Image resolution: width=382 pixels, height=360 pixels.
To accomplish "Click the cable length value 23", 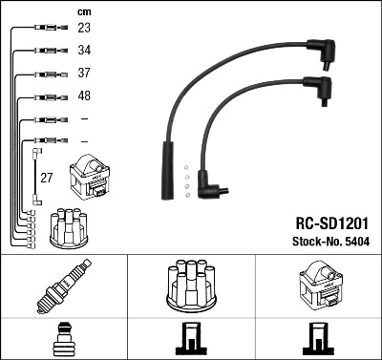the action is coord(84,28).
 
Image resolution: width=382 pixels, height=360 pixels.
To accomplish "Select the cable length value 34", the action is coord(84,50).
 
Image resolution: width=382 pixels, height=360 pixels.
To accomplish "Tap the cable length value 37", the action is coord(84,73).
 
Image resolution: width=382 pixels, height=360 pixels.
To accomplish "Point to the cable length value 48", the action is coord(84,95).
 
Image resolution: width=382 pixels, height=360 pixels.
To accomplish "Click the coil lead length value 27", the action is coord(46,178).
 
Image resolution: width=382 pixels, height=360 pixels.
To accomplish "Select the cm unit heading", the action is coord(84,12).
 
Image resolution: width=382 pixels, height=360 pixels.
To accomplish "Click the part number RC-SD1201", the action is coord(331,223).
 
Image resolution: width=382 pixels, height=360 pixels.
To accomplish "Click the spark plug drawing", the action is coord(64,286).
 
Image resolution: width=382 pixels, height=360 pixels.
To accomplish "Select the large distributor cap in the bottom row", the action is coord(191,286).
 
